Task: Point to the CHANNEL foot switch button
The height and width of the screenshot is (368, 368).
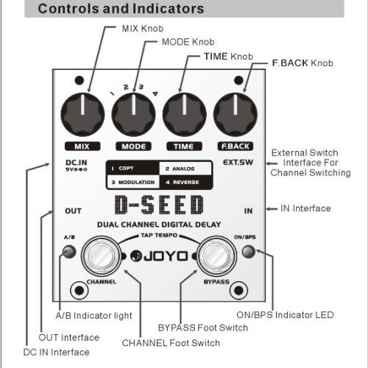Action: [100, 257]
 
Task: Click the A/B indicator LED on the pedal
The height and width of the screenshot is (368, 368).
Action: [69, 252]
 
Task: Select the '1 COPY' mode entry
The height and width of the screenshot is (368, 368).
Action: [124, 169]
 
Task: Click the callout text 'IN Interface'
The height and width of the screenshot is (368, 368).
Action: [306, 209]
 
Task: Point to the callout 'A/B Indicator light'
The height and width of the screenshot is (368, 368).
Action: [94, 315]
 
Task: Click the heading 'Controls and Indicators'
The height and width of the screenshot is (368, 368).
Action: [121, 10]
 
